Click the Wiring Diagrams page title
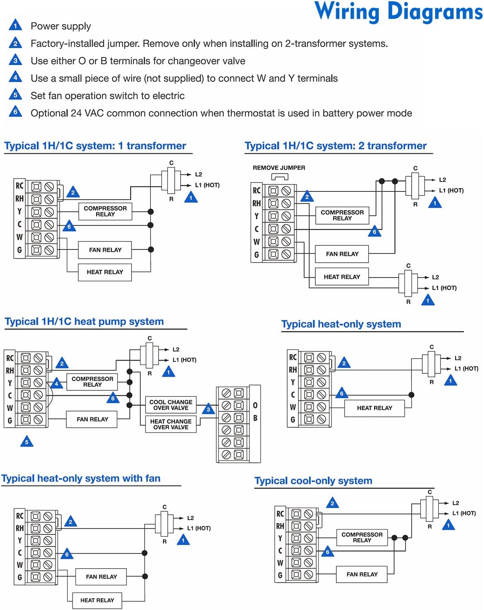pyautogui.click(x=398, y=12)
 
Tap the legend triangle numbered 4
pyautogui.click(x=15, y=78)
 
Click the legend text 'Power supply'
pyautogui.click(x=60, y=26)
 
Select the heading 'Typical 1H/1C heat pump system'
pyautogui.click(x=84, y=322)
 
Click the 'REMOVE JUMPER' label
pyautogui.click(x=279, y=168)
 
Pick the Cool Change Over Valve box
pyautogui.click(x=171, y=405)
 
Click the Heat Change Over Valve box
pyautogui.click(x=171, y=424)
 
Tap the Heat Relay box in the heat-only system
pyautogui.click(x=374, y=408)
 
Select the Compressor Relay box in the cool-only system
pyautogui.click(x=362, y=537)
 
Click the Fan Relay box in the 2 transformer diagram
pyautogui.click(x=342, y=254)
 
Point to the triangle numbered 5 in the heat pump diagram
pyautogui.click(x=27, y=442)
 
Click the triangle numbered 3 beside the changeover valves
pyautogui.click(x=208, y=410)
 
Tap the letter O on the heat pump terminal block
pyautogui.click(x=255, y=405)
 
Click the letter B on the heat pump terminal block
pyautogui.click(x=255, y=418)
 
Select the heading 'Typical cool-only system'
pyautogui.click(x=313, y=481)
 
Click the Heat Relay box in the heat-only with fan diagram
pyautogui.click(x=97, y=600)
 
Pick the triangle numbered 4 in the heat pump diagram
pyautogui.click(x=56, y=384)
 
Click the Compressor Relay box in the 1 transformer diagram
pyautogui.click(x=105, y=211)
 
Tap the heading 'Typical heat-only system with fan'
pyautogui.click(x=81, y=479)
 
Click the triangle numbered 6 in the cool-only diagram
pyautogui.click(x=327, y=552)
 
